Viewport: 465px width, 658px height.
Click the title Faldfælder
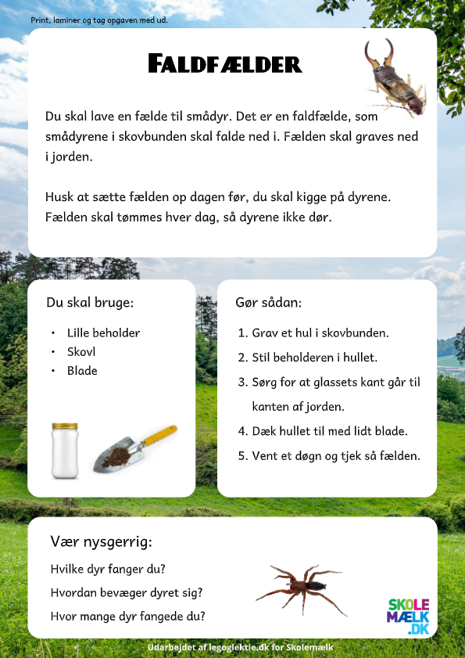tap(224, 64)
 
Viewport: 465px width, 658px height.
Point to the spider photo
tap(301, 589)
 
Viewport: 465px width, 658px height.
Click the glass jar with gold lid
tap(65, 451)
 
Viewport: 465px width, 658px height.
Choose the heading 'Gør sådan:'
tap(268, 302)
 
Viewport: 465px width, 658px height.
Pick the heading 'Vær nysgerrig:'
tap(101, 541)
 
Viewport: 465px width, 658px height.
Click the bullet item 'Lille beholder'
tap(103, 333)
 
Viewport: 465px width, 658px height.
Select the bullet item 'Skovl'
tap(81, 351)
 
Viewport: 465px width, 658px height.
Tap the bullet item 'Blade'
tap(82, 370)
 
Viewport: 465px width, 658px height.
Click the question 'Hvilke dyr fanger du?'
tap(108, 569)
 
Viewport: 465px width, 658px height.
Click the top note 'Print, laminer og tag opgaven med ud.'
tap(99, 20)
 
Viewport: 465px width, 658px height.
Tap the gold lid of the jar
tap(65, 426)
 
